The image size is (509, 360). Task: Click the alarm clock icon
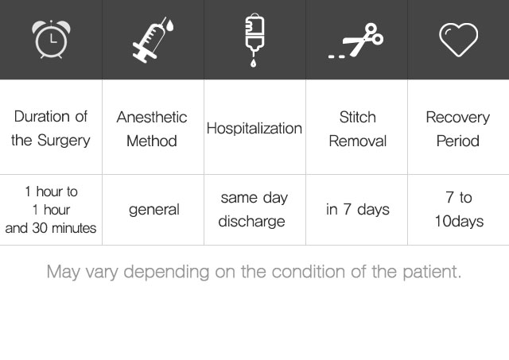(x=51, y=39)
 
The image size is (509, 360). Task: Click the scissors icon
(x=356, y=41)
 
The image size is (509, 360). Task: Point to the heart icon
(x=458, y=40)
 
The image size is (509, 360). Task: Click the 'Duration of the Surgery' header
(x=51, y=129)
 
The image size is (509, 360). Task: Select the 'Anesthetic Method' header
(x=152, y=129)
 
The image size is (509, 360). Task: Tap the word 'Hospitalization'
(x=254, y=129)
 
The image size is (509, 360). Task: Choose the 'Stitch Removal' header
(x=357, y=129)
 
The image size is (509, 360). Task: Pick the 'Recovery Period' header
(x=458, y=129)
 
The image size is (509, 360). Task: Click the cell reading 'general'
(x=153, y=210)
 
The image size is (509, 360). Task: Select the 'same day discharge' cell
(x=253, y=210)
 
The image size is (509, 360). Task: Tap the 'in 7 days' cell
(x=358, y=210)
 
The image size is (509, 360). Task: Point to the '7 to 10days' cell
(x=459, y=210)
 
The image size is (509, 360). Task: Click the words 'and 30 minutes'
(x=51, y=228)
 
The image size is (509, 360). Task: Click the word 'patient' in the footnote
(x=432, y=272)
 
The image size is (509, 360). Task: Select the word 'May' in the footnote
(x=64, y=272)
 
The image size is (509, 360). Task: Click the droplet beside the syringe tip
(x=169, y=25)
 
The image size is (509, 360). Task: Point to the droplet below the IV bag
(x=253, y=63)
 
